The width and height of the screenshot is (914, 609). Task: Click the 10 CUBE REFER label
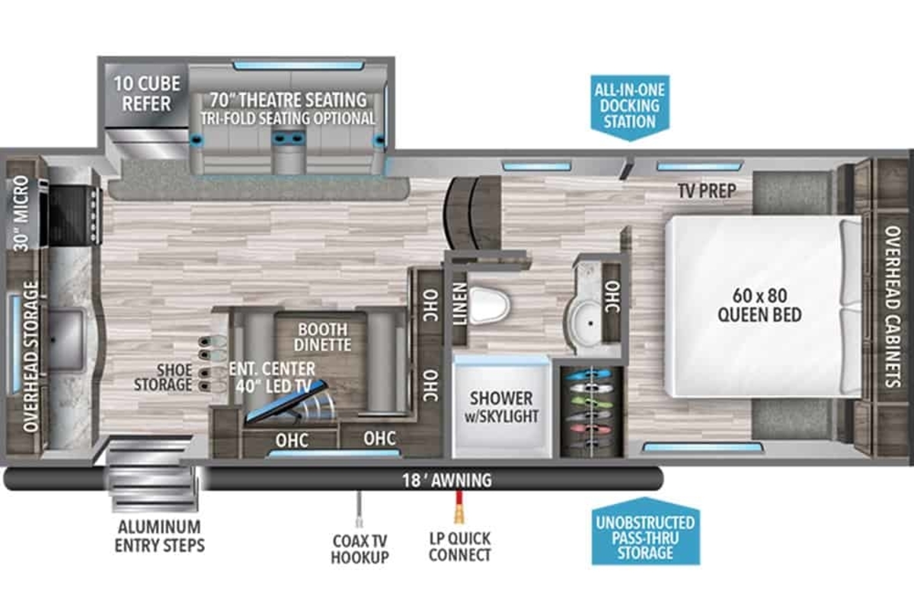(x=147, y=94)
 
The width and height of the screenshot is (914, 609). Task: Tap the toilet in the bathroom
(x=489, y=305)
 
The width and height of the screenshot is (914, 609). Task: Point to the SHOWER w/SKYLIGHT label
(x=501, y=407)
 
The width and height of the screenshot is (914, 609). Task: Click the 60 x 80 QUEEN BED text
(x=760, y=305)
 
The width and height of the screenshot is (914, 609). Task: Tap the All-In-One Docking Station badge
(x=630, y=107)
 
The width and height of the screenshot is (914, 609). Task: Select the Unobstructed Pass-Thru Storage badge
(x=646, y=531)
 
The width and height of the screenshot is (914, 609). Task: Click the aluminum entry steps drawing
(x=151, y=473)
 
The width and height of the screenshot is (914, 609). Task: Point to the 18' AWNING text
(x=447, y=480)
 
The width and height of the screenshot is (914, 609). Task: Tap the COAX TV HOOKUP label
(x=360, y=549)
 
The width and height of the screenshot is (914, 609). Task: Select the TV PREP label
(x=707, y=191)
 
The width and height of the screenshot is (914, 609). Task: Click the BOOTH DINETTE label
(x=322, y=337)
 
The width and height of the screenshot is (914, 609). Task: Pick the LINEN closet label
(x=460, y=304)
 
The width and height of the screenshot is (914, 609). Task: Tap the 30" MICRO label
(x=21, y=213)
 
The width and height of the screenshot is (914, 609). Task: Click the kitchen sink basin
(x=66, y=340)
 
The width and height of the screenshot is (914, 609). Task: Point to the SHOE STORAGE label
(x=163, y=378)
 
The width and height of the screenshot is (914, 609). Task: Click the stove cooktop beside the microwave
(x=73, y=215)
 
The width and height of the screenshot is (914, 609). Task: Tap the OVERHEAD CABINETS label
(x=893, y=306)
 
